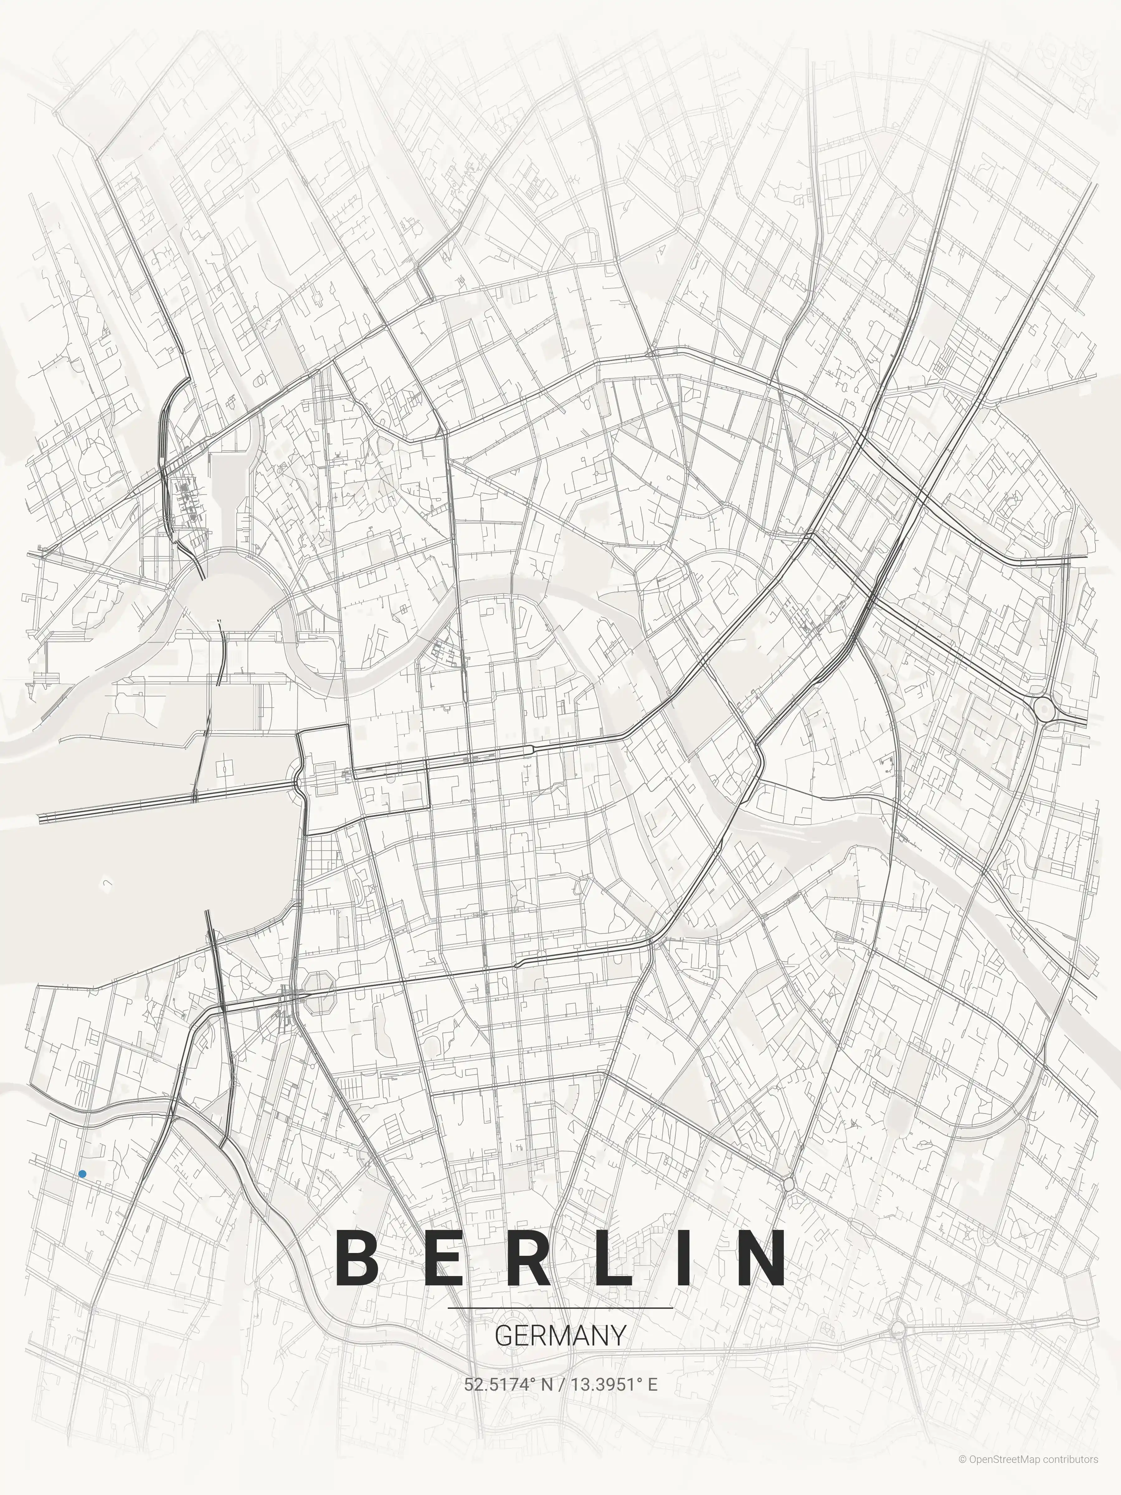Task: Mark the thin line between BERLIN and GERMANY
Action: [560, 1308]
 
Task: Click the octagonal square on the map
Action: [318, 992]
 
